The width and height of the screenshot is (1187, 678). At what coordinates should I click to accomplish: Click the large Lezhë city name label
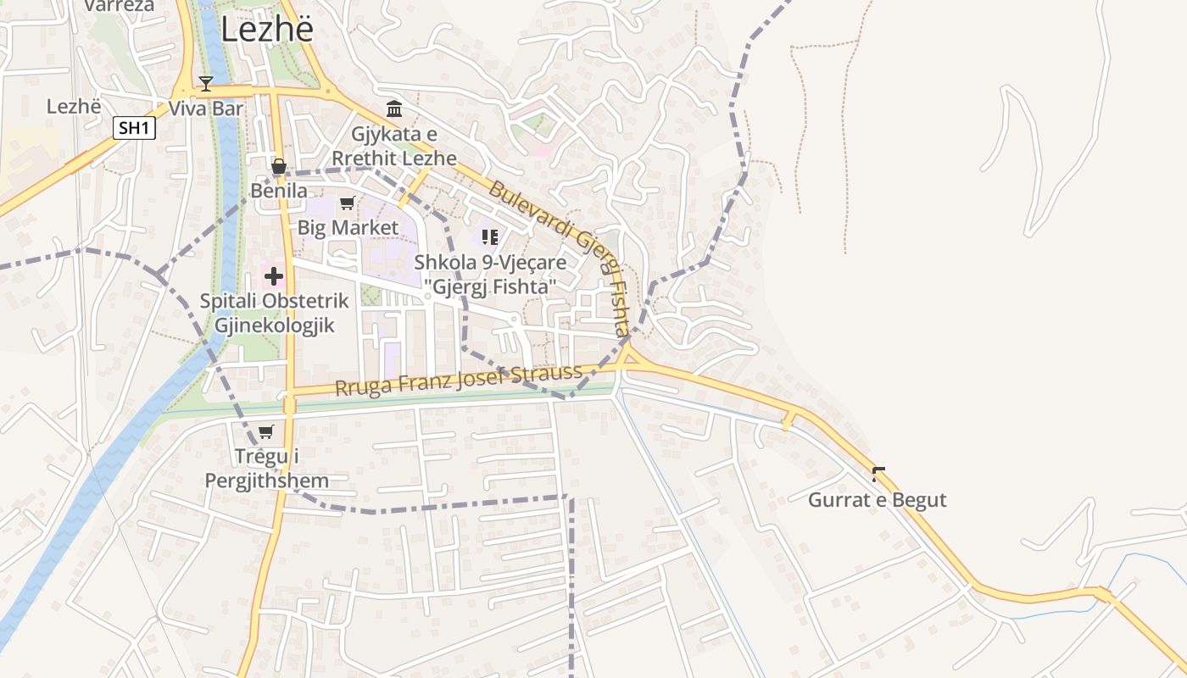pyautogui.click(x=267, y=29)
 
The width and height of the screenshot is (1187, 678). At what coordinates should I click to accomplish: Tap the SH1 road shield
pyautogui.click(x=135, y=128)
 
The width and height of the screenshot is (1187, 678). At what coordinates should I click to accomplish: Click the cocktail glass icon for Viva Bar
pyautogui.click(x=205, y=83)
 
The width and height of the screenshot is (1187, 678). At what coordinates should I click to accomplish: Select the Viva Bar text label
pyautogui.click(x=206, y=108)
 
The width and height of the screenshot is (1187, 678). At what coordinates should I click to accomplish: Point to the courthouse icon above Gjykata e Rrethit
pyautogui.click(x=394, y=108)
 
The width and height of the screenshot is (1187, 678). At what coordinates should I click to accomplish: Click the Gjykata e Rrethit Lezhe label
pyautogui.click(x=394, y=146)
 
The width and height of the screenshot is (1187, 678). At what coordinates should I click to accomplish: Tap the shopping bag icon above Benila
pyautogui.click(x=278, y=166)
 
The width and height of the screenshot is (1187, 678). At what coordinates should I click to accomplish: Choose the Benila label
pyautogui.click(x=279, y=191)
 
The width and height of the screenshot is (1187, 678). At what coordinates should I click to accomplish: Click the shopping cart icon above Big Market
pyautogui.click(x=347, y=203)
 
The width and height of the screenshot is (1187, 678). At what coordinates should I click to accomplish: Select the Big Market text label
pyautogui.click(x=348, y=227)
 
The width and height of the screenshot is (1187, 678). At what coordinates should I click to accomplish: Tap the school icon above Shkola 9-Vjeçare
pyautogui.click(x=489, y=236)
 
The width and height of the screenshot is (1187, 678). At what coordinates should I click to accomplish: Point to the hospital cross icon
pyautogui.click(x=274, y=275)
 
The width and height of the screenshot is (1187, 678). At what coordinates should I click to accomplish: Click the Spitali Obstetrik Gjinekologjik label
pyautogui.click(x=268, y=313)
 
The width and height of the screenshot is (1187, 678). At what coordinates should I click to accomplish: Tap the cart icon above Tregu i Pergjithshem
pyautogui.click(x=266, y=432)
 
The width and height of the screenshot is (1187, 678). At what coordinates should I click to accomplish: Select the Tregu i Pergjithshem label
pyautogui.click(x=267, y=469)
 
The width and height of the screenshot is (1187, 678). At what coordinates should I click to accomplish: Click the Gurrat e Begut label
pyautogui.click(x=877, y=499)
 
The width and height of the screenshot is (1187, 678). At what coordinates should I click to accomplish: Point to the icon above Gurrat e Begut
pyautogui.click(x=878, y=475)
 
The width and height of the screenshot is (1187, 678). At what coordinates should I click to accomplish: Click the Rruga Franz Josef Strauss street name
pyautogui.click(x=459, y=380)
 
